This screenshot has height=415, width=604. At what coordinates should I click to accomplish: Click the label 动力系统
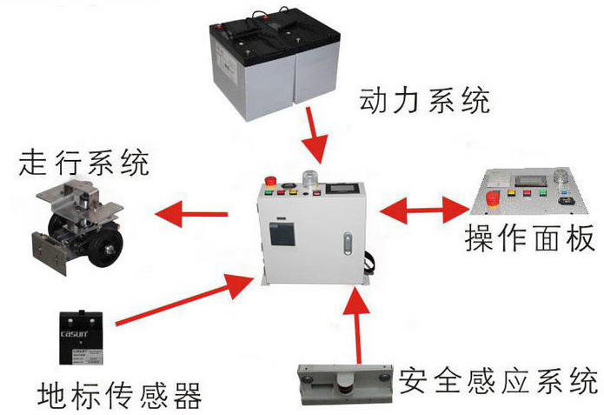[x=425, y=102]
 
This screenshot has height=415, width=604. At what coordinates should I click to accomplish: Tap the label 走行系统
[x=83, y=162]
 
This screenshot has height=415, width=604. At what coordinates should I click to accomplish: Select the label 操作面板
[x=529, y=237]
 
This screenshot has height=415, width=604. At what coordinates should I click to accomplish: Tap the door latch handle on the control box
[x=348, y=244]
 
